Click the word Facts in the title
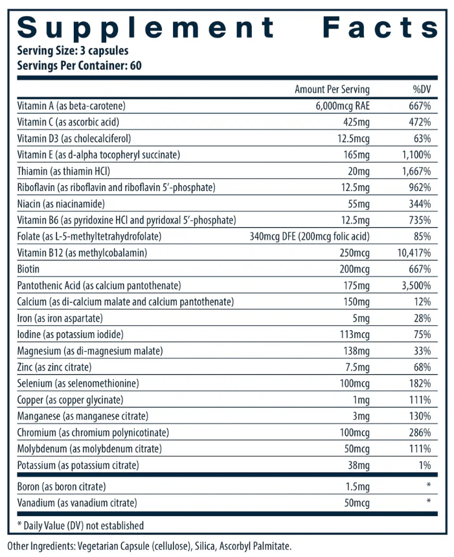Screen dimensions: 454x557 point(380,27)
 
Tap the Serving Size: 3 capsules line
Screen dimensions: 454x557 point(73,51)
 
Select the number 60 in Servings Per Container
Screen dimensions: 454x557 point(136,65)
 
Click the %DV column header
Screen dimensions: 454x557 point(422,89)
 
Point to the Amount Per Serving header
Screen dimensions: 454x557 point(332,89)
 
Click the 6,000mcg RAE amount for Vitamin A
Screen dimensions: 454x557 point(343,106)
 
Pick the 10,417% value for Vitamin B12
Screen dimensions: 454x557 point(414,253)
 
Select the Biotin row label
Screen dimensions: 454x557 point(28,269)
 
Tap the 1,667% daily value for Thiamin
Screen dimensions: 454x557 point(416,171)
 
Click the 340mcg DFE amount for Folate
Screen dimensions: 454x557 point(273,236)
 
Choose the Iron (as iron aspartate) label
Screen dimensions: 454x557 point(60,318)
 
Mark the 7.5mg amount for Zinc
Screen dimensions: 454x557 point(358,367)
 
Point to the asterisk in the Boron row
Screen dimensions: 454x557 point(429,485)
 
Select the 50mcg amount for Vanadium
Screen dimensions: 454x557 point(357,503)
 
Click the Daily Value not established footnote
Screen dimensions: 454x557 point(81,525)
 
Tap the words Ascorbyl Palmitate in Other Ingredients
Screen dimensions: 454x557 point(255,546)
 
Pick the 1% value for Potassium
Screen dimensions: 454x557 point(425,465)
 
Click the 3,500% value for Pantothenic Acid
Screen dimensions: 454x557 point(416,286)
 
